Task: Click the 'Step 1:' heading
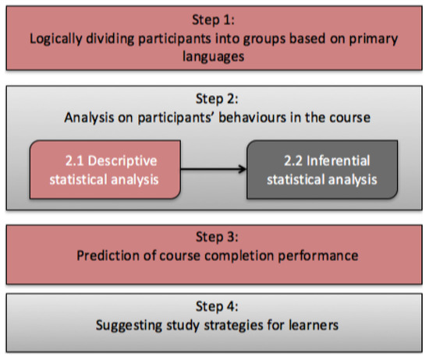[213, 20]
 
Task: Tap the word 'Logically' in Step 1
[56, 39]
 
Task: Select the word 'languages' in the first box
[214, 57]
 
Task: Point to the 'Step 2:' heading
[217, 99]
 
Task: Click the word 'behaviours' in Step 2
[252, 118]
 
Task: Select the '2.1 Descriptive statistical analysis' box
[105, 169]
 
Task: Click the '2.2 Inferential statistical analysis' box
[322, 169]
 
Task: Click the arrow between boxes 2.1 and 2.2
[214, 169]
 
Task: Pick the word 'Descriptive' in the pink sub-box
[122, 161]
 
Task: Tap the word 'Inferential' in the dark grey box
[339, 161]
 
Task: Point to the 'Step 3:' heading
[217, 237]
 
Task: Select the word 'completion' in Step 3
[239, 256]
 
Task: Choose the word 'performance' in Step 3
[318, 256]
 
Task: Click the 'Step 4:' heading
[217, 306]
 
